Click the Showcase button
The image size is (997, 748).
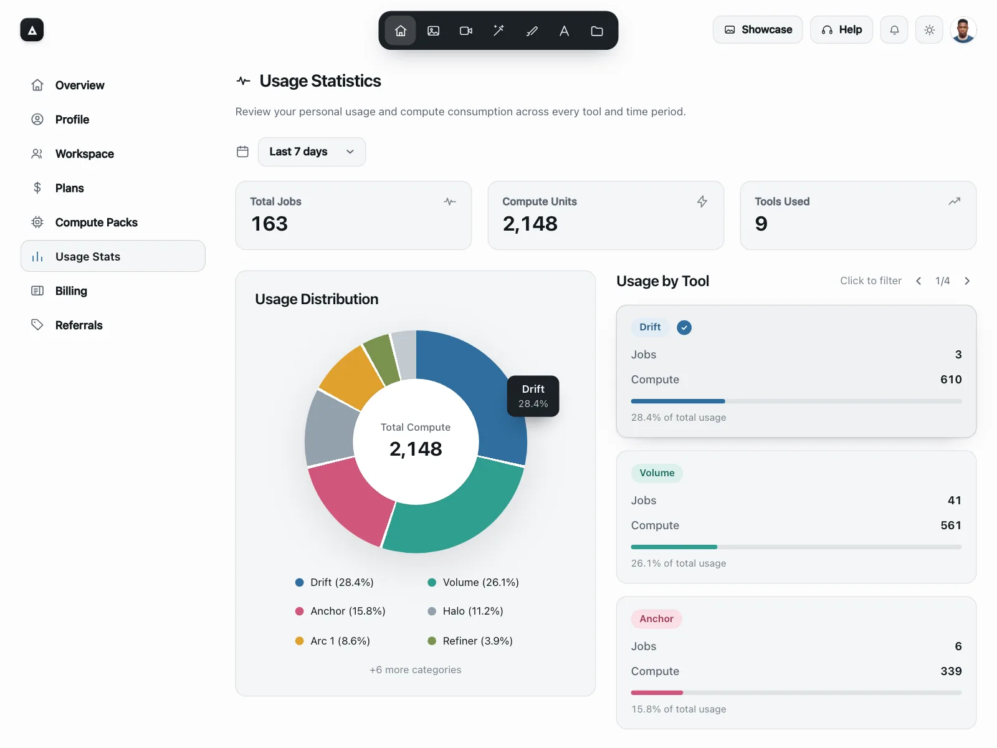point(757,30)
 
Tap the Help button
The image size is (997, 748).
point(841,30)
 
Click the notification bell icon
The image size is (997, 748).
point(894,30)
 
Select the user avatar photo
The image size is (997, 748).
point(963,30)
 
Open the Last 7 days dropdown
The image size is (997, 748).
point(312,151)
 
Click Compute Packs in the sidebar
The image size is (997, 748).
point(97,223)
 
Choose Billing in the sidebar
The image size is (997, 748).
point(71,291)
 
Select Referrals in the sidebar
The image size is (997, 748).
point(79,325)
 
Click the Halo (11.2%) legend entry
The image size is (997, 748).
point(465,611)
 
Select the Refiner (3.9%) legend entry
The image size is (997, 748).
point(470,641)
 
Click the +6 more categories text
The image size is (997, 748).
point(415,670)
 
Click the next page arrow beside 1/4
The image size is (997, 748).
point(967,281)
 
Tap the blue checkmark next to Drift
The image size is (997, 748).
point(684,327)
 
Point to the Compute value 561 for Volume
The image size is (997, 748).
point(951,525)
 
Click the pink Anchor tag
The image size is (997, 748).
point(656,619)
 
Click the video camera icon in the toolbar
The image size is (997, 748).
point(466,31)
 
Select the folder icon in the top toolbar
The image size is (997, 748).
point(597,31)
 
